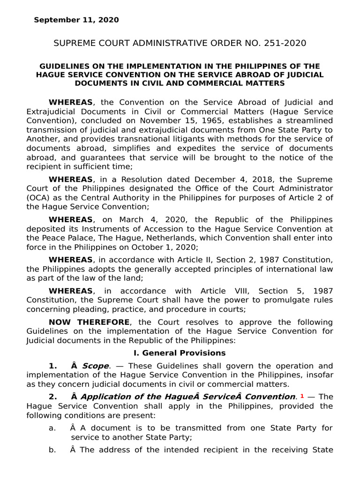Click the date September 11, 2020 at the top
[x=76, y=20]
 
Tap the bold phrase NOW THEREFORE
[x=89, y=322]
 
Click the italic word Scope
[x=95, y=366]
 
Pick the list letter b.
[x=52, y=450]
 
